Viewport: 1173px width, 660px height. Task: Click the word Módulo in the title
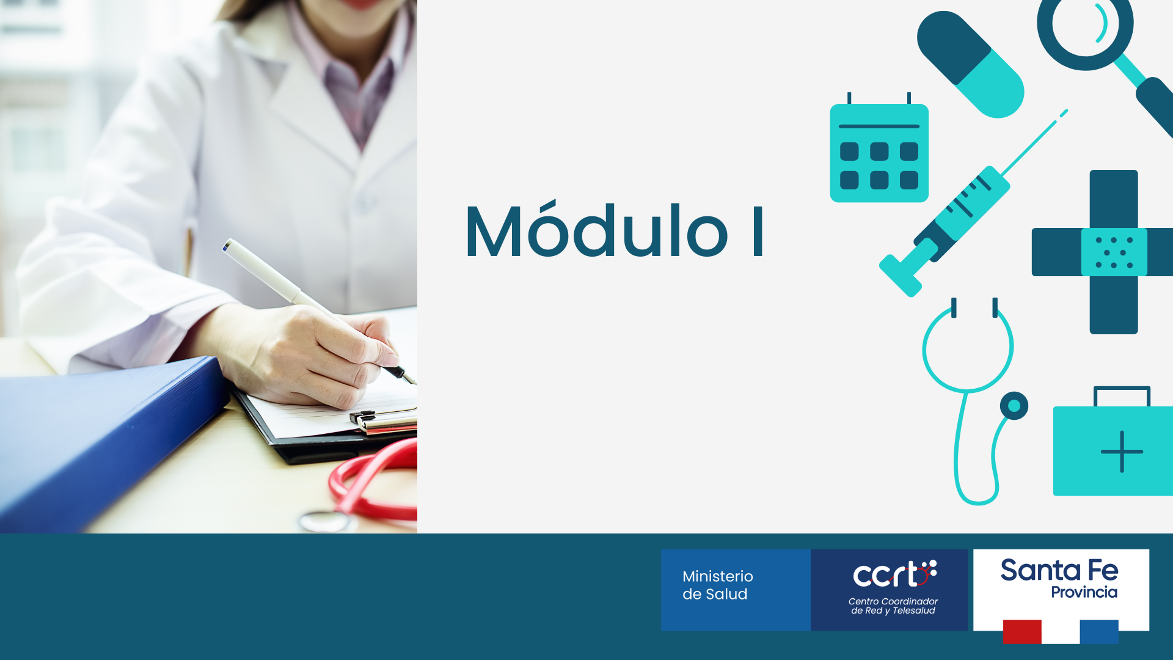pos(597,230)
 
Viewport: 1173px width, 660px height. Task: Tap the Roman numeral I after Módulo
pos(758,231)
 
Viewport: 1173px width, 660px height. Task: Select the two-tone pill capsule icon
pos(970,64)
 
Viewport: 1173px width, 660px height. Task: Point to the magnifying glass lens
pos(1086,24)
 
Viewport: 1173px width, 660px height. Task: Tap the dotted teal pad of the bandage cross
pos(1114,252)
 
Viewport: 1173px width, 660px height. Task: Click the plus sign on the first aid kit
pos(1122,452)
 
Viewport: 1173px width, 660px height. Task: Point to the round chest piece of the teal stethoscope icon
pos(1014,406)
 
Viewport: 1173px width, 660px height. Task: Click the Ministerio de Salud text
pos(717,585)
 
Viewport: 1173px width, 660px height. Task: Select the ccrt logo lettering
pos(894,574)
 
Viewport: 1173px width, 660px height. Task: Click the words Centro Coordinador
pos(893,601)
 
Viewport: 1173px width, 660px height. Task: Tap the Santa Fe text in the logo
pos(1059,570)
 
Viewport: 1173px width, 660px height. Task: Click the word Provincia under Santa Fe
pos(1084,592)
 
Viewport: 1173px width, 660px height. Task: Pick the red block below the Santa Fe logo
pos(1022,632)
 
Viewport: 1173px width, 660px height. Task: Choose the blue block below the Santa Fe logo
pos(1099,632)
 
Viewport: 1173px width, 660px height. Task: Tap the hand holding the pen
pos(305,354)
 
